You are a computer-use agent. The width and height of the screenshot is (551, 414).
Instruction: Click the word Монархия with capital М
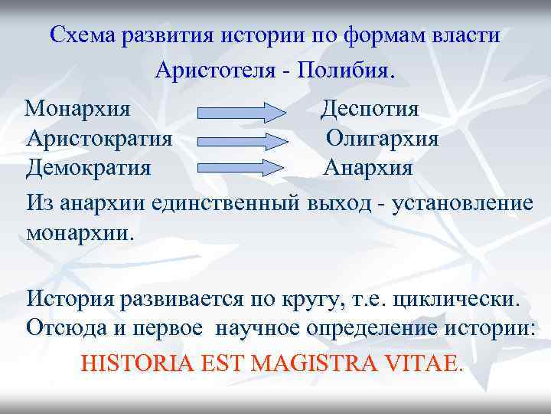click(x=77, y=108)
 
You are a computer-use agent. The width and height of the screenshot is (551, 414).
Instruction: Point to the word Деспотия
click(x=370, y=108)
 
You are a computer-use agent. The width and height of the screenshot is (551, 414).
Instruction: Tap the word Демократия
click(x=89, y=167)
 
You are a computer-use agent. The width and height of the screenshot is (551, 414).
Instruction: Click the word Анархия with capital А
click(x=368, y=167)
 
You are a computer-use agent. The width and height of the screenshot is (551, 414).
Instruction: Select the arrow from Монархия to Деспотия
click(x=242, y=113)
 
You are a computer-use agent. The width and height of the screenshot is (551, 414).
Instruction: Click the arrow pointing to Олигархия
click(x=242, y=141)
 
